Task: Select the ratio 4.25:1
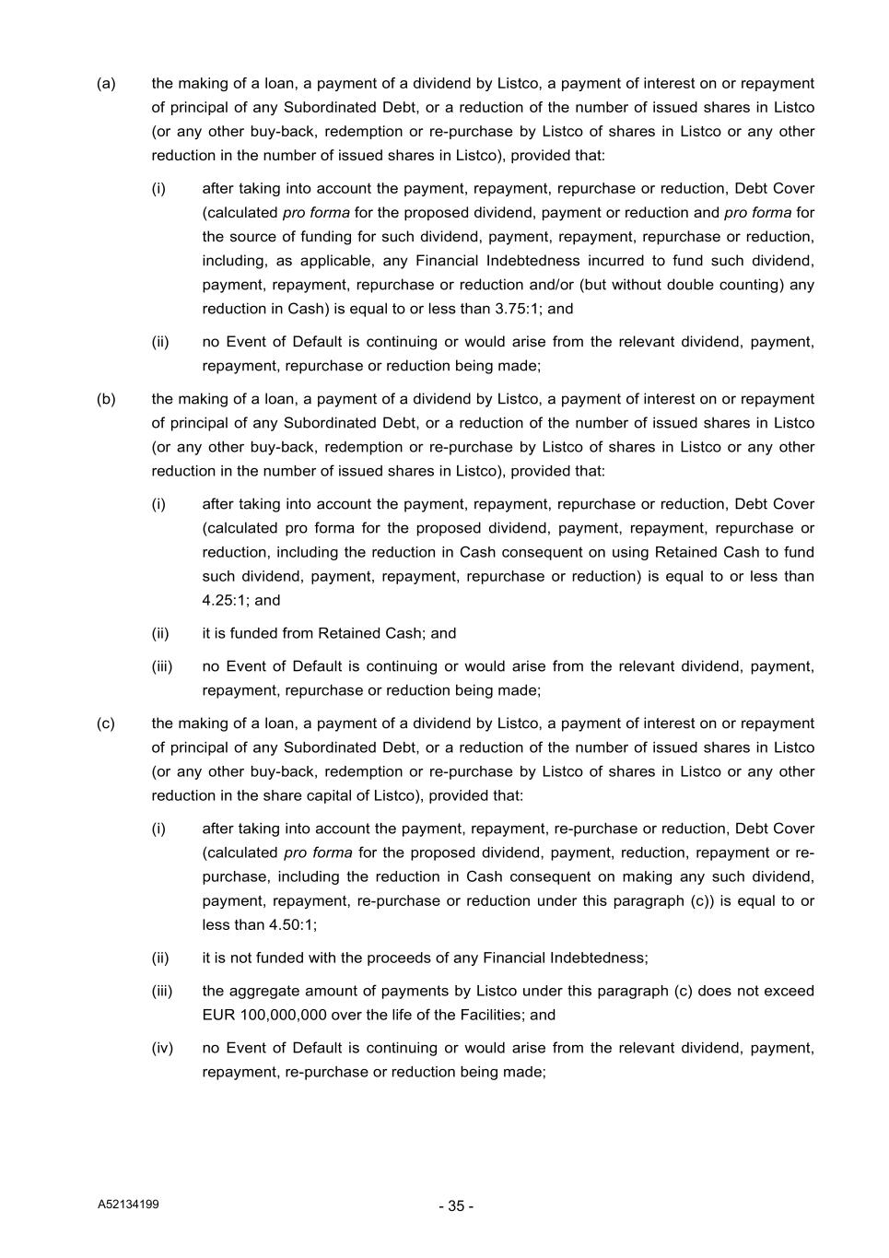pos(225,600)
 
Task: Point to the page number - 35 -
pos(456,1206)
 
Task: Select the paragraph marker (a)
pos(106,84)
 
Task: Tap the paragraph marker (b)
pos(106,399)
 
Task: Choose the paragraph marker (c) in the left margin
pos(106,723)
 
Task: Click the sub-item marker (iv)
pos(162,1048)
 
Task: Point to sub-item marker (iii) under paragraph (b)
pos(162,666)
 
